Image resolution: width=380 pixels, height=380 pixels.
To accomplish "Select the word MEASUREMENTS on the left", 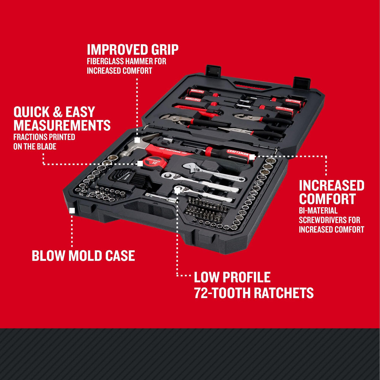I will (x=62, y=125).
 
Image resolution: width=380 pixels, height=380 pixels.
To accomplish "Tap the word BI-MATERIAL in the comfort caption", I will (x=318, y=211).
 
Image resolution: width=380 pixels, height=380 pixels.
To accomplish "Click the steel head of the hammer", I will (x=127, y=150).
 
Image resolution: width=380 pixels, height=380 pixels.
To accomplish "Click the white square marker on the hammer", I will (x=137, y=140).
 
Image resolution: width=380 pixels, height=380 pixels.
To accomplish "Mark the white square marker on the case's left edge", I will (x=72, y=210).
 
